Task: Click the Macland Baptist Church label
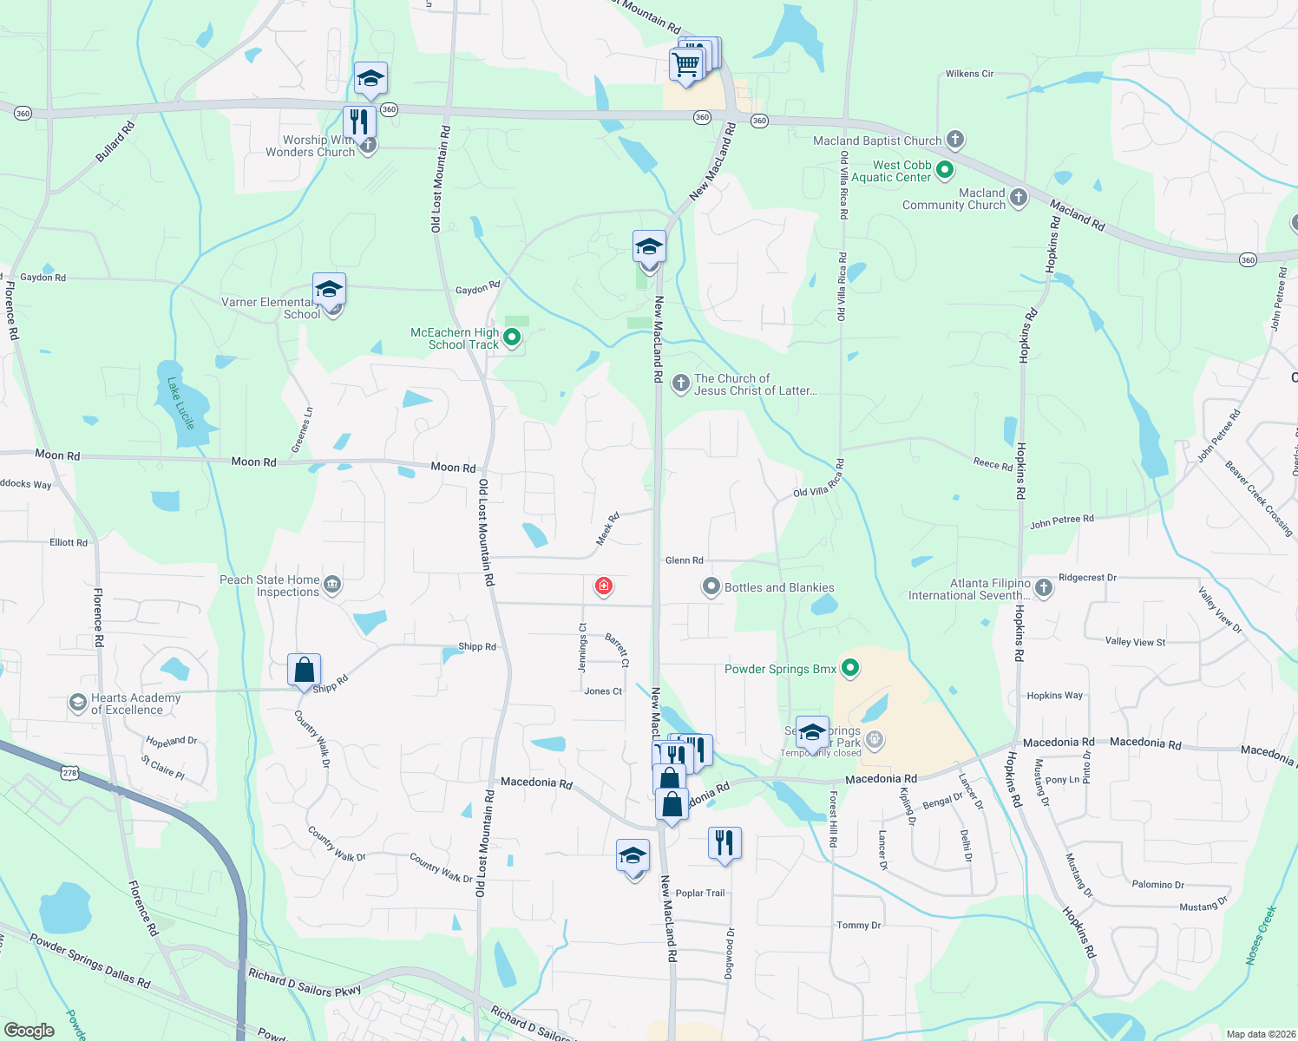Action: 876,141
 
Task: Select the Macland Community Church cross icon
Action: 1019,199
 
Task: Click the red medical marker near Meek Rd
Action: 604,586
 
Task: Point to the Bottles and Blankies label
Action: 779,587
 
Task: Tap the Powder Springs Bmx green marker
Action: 850,668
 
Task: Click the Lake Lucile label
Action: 181,403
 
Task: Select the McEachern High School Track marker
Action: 512,337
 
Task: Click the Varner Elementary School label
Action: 269,308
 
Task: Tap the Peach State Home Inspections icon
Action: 332,586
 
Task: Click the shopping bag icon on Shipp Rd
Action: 304,671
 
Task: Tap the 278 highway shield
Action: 70,772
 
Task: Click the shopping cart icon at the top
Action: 686,64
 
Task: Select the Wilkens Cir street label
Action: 969,74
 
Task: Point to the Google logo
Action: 29,1030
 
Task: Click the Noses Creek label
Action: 1261,935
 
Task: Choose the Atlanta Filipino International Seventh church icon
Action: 1044,588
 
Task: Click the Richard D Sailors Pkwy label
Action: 305,985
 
